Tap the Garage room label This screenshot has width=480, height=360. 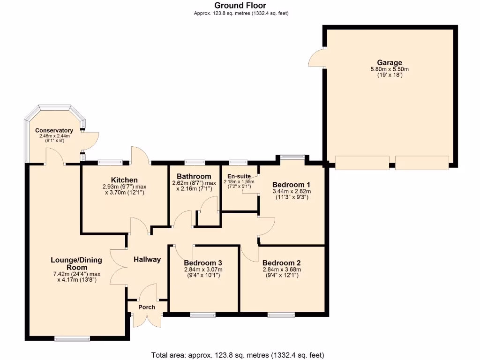coord(390,62)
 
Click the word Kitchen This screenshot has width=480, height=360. coord(124,180)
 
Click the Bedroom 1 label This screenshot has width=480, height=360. coord(292,184)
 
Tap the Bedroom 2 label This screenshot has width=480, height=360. coord(281,262)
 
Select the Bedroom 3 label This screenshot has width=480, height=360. coord(203,262)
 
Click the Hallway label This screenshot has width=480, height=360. coord(147,259)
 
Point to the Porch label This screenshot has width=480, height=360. coord(146,307)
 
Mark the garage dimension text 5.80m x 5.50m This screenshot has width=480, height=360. coord(390,69)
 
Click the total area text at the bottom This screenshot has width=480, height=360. coord(237,355)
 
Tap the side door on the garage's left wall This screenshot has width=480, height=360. coord(317,58)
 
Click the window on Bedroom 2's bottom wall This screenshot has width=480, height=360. coord(281,315)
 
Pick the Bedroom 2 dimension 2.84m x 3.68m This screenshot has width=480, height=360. coord(281,270)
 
